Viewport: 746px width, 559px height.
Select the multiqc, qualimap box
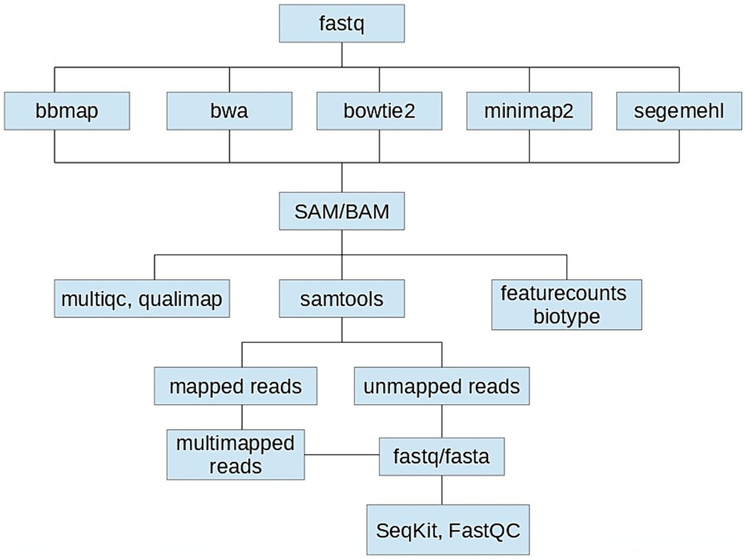(x=142, y=300)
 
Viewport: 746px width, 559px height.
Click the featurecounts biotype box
(x=566, y=304)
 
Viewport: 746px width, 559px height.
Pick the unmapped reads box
(x=441, y=386)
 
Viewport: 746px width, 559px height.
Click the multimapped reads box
(x=236, y=455)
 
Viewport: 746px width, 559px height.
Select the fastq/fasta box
(x=441, y=457)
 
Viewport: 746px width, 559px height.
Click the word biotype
(x=566, y=316)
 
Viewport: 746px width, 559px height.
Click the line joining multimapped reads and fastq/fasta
(x=343, y=455)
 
